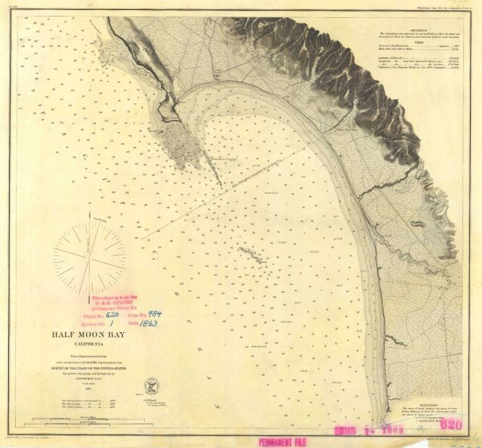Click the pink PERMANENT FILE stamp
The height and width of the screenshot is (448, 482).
tap(288, 441)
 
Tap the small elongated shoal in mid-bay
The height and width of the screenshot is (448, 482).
tap(251, 255)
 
